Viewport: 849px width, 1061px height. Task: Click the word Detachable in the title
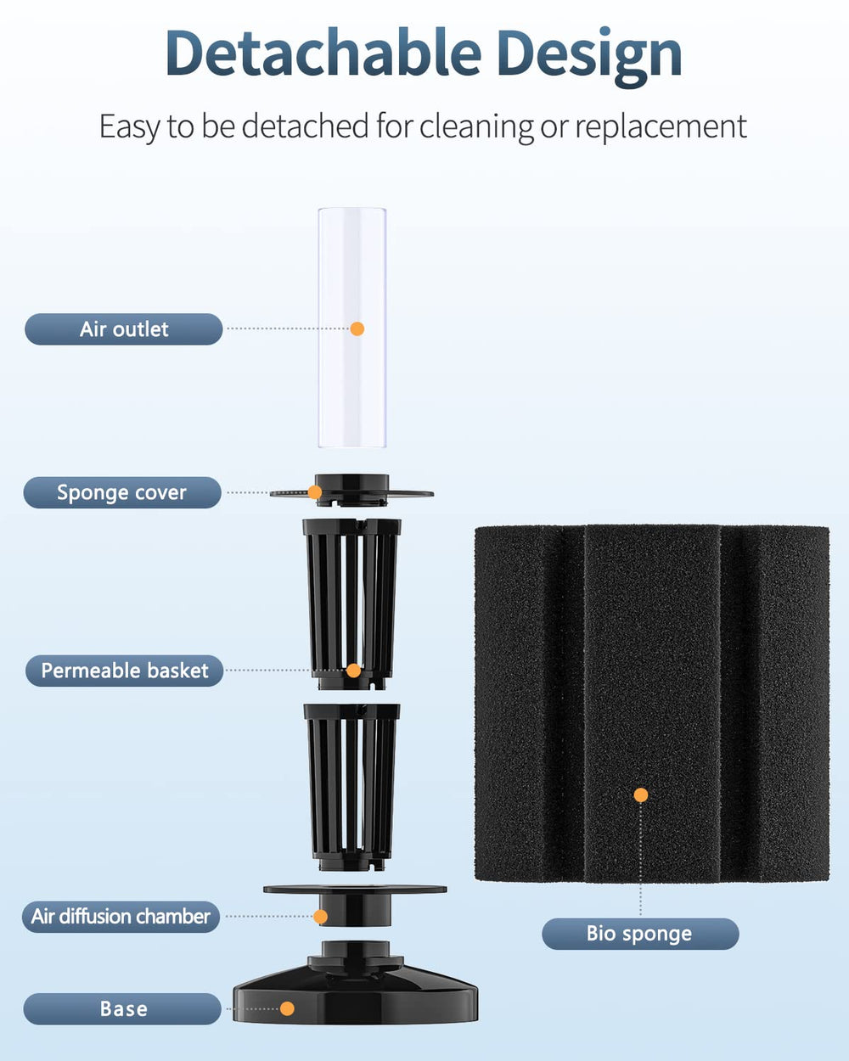(323, 53)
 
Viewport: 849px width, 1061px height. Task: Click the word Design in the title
(590, 58)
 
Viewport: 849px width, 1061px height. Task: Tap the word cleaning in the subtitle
(476, 126)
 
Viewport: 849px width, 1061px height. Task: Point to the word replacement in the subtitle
(661, 127)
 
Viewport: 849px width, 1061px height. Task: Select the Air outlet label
(124, 328)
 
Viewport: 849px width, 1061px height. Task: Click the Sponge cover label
(122, 492)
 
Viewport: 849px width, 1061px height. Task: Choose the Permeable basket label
(124, 671)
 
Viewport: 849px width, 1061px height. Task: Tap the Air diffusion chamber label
(121, 917)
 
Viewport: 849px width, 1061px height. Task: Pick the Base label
(122, 1008)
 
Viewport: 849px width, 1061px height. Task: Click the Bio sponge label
(640, 934)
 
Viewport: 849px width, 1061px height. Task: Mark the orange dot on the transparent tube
(357, 328)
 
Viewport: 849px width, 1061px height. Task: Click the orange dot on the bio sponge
(641, 794)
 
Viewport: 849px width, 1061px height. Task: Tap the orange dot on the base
(287, 1008)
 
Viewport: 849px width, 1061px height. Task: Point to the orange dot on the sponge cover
(315, 492)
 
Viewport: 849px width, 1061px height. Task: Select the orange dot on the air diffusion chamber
(320, 917)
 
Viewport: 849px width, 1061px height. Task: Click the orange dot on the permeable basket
(353, 671)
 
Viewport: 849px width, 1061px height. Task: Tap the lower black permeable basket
(351, 788)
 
